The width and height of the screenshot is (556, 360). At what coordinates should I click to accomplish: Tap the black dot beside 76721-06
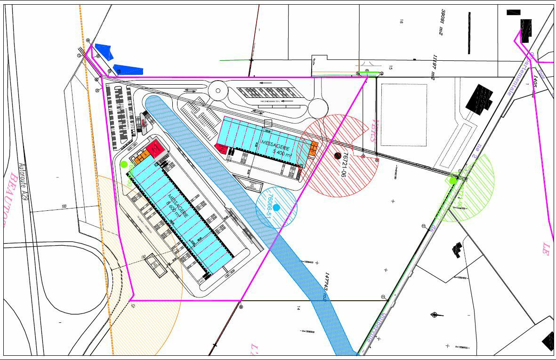click(x=338, y=156)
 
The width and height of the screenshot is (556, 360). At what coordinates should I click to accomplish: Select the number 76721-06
click(x=346, y=163)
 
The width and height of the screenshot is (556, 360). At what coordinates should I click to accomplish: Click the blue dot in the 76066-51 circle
click(x=276, y=208)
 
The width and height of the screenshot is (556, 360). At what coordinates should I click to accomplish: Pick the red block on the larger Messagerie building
click(x=153, y=150)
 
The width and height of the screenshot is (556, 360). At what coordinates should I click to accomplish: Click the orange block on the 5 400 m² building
click(x=314, y=149)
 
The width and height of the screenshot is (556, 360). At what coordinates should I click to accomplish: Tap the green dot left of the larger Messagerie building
click(x=124, y=164)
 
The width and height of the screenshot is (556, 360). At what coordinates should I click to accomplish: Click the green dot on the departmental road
click(x=453, y=180)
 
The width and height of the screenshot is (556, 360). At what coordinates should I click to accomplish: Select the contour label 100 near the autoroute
click(x=64, y=207)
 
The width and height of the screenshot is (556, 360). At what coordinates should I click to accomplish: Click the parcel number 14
click(x=298, y=308)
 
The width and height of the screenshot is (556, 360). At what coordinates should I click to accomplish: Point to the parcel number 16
click(x=402, y=21)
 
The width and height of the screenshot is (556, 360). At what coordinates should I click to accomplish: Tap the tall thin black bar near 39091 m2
click(x=469, y=32)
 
